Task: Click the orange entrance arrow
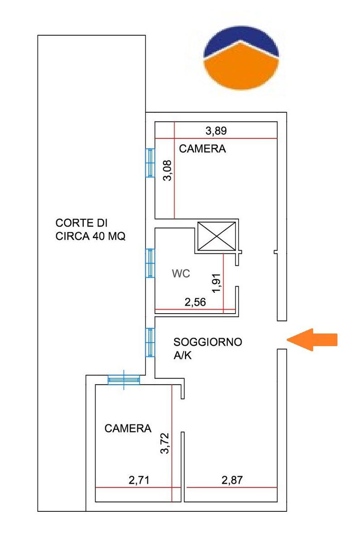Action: click(x=312, y=340)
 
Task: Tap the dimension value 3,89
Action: click(x=216, y=131)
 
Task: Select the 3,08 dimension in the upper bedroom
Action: click(x=168, y=171)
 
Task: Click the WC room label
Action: click(x=181, y=273)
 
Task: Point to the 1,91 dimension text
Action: click(x=216, y=283)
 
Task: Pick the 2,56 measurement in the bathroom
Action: click(x=195, y=302)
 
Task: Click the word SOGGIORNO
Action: click(x=208, y=342)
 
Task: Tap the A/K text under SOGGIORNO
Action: click(x=182, y=355)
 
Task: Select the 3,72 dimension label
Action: click(x=165, y=443)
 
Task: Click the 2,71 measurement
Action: click(x=139, y=480)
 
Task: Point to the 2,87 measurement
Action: click(x=232, y=480)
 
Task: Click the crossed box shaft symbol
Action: click(x=216, y=236)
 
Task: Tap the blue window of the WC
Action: click(x=150, y=263)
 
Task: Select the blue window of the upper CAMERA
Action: click(x=150, y=162)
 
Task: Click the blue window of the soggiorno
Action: click(x=150, y=343)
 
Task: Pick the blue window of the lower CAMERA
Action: click(x=124, y=380)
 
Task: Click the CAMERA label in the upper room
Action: click(x=202, y=148)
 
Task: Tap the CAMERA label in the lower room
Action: click(x=128, y=429)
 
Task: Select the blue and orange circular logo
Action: click(x=241, y=58)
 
